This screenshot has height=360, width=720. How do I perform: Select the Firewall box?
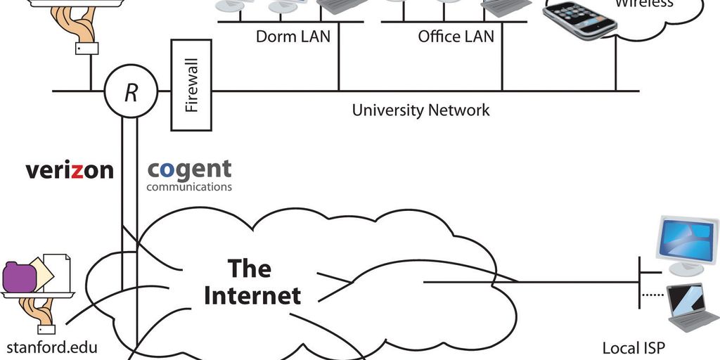point(191,85)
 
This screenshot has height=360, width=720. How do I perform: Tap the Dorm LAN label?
point(292,36)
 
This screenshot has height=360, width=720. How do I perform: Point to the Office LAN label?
point(456,36)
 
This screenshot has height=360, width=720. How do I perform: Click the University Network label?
point(420,110)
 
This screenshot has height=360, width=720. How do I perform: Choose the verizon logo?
point(69,170)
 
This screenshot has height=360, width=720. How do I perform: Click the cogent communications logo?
point(189,174)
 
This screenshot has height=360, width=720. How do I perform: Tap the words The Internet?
point(252,282)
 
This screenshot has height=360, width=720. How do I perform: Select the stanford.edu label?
point(51,347)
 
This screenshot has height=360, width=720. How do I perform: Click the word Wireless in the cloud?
point(644,4)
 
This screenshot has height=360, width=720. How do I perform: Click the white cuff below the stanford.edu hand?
point(46,328)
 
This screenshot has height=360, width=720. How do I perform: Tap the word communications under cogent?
point(189,187)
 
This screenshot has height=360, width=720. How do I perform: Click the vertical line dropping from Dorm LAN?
point(338,67)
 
